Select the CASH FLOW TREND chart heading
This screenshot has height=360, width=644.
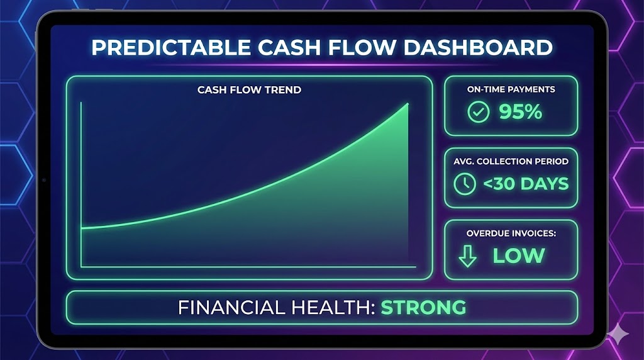coord(249,89)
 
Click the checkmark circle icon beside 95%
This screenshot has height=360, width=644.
coord(479,113)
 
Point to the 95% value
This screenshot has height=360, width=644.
coord(520,112)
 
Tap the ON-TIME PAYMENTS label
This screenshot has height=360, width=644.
coord(511,89)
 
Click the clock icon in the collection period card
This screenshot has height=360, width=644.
coord(465,184)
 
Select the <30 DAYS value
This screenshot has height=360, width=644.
coord(525,184)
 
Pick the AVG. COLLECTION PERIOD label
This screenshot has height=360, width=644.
coord(511,161)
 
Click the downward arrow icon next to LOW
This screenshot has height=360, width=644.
coord(467,256)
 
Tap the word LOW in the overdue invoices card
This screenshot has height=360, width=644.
coord(518,256)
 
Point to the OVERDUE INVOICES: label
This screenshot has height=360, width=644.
coord(511,233)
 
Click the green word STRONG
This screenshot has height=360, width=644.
coord(423,307)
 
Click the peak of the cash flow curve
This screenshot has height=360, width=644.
coord(408,104)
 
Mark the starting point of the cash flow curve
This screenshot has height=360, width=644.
coord(82,228)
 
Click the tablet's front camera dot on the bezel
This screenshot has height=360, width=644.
coord(43,181)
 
